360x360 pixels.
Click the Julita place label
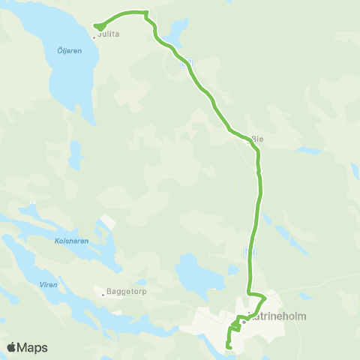click(109, 34)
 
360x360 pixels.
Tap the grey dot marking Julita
click(94, 36)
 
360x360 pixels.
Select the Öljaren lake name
click(69, 51)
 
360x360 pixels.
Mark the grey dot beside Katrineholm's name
click(244, 322)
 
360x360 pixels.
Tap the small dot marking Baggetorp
click(103, 295)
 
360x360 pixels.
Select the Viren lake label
click(48, 285)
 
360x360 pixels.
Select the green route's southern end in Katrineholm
click(228, 346)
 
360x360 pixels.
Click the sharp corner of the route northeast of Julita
click(146, 13)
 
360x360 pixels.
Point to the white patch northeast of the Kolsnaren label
click(108, 223)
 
